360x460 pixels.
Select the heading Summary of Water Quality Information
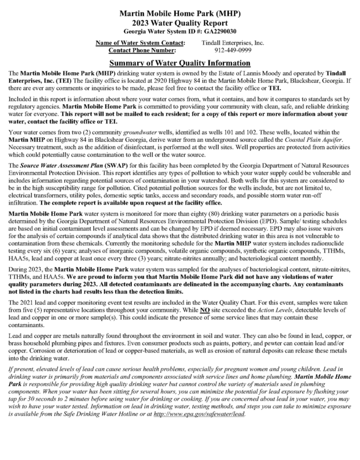click(180, 63)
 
